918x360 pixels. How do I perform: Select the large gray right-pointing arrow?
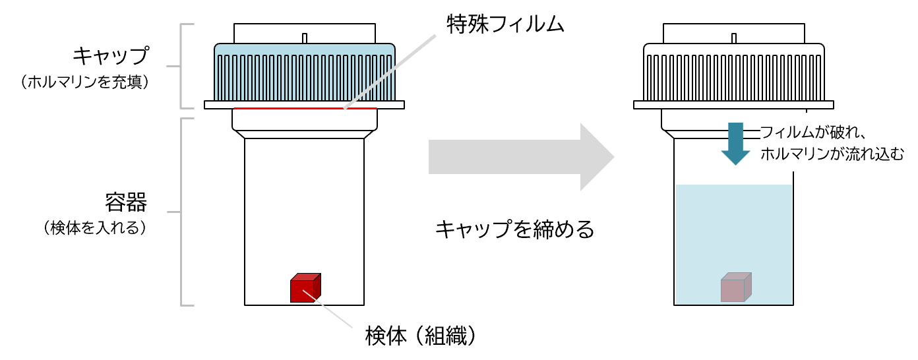pos(521,157)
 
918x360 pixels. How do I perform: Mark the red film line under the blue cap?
pos(290,108)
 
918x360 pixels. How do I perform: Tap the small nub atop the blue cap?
pos(305,38)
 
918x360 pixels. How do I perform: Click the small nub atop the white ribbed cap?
pos(734,38)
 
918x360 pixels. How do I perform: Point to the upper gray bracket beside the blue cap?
pos(181,66)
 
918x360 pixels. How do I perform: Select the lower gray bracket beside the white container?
pos(181,212)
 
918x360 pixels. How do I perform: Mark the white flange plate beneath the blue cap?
pos(218,105)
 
